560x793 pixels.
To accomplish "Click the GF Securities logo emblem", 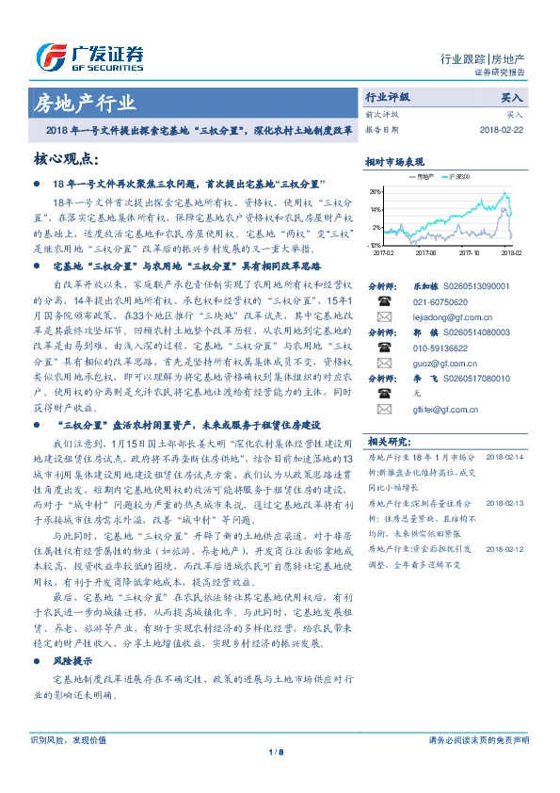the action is tap(50, 57).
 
